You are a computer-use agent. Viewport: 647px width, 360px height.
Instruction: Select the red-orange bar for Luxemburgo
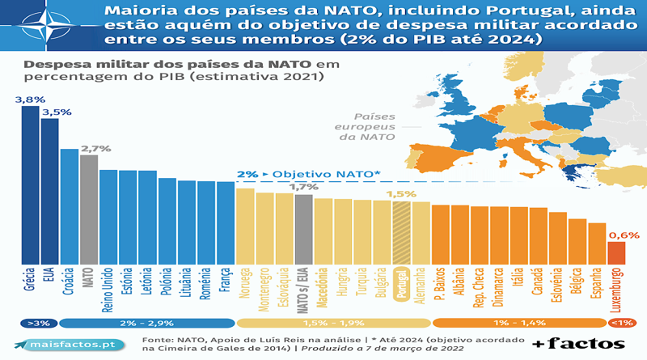616,253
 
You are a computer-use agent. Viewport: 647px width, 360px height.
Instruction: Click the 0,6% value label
617,235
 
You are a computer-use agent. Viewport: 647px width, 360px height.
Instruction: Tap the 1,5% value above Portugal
401,193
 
